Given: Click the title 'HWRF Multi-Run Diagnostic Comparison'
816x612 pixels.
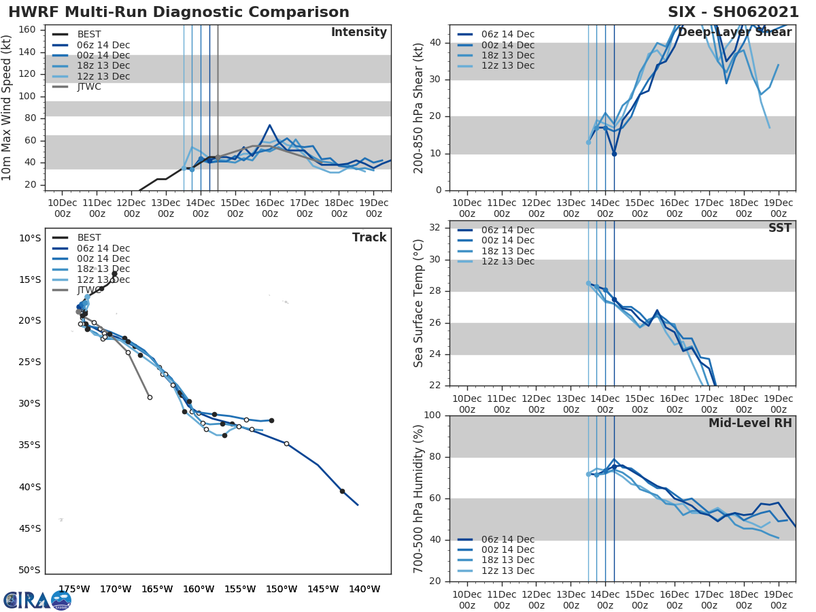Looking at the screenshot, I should tap(179, 12).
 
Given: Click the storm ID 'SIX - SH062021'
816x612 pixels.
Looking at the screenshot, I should tap(733, 12).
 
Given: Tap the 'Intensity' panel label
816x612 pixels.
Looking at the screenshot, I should tap(358, 33).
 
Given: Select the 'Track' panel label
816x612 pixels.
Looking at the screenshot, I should tap(369, 237).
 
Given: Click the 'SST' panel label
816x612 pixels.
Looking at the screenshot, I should tap(779, 228).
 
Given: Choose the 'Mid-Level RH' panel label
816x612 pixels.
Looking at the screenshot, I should tap(750, 423).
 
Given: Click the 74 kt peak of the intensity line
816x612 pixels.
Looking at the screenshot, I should tap(269, 125).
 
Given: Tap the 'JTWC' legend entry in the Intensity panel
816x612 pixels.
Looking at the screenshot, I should tap(88, 87).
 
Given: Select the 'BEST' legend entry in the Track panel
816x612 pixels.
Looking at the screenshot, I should tap(88, 238).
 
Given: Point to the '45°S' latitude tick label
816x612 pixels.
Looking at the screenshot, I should tap(29, 528).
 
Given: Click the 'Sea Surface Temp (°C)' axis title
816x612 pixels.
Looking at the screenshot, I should tap(419, 303).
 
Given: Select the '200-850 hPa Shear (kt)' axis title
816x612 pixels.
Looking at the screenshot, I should tap(419, 107).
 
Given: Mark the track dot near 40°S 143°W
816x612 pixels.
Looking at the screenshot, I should tap(342, 491).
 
